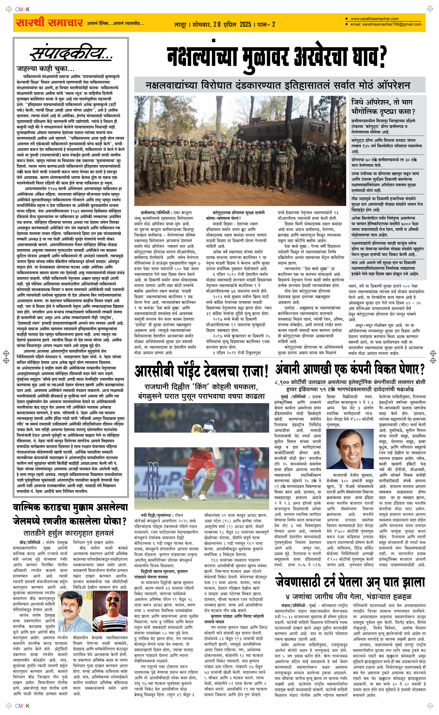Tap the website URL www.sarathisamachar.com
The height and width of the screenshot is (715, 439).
coord(374,19)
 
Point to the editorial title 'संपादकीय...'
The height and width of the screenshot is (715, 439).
coord(71,54)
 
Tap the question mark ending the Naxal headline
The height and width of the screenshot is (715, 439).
coord(383,57)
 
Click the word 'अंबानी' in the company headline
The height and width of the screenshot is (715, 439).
coord(288,370)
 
